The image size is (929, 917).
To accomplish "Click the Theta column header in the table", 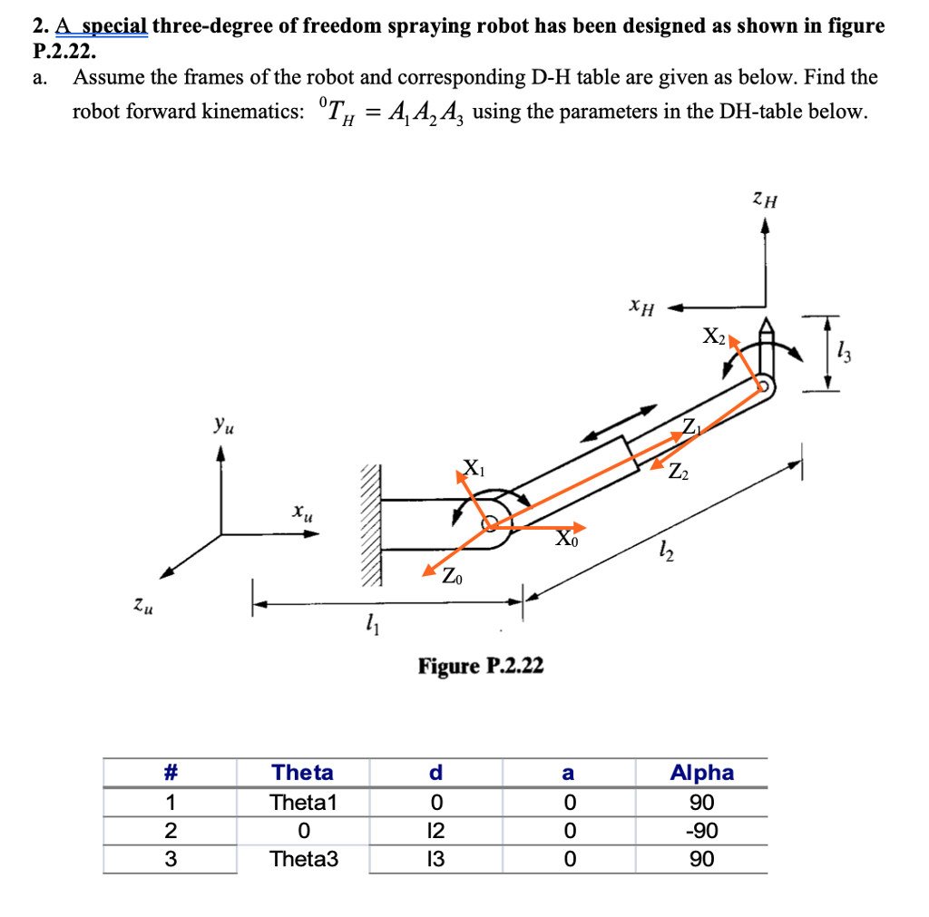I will pyautogui.click(x=303, y=773).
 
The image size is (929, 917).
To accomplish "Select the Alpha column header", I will pyautogui.click(x=701, y=773).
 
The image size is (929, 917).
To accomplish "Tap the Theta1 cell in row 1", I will pyautogui.click(x=303, y=803).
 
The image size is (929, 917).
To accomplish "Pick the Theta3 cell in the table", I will pyautogui.click(x=303, y=859).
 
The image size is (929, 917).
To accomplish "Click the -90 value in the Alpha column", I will pyautogui.click(x=701, y=831).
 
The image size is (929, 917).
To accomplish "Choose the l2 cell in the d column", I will pyautogui.click(x=435, y=831).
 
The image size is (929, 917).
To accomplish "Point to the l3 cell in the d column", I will pyautogui.click(x=435, y=859).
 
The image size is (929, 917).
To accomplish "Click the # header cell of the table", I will pyautogui.click(x=169, y=773).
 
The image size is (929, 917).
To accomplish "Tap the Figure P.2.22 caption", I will pyautogui.click(x=481, y=667).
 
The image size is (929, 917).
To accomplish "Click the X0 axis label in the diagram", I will pyautogui.click(x=564, y=541).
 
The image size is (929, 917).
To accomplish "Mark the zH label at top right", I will pyautogui.click(x=764, y=197).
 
